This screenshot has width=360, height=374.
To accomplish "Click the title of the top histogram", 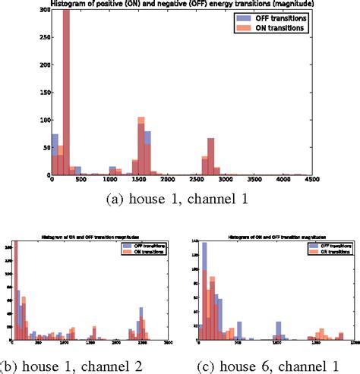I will (179, 5).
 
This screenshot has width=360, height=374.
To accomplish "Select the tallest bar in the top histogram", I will (66, 91).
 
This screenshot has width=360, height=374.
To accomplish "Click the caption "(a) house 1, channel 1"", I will (179, 201).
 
